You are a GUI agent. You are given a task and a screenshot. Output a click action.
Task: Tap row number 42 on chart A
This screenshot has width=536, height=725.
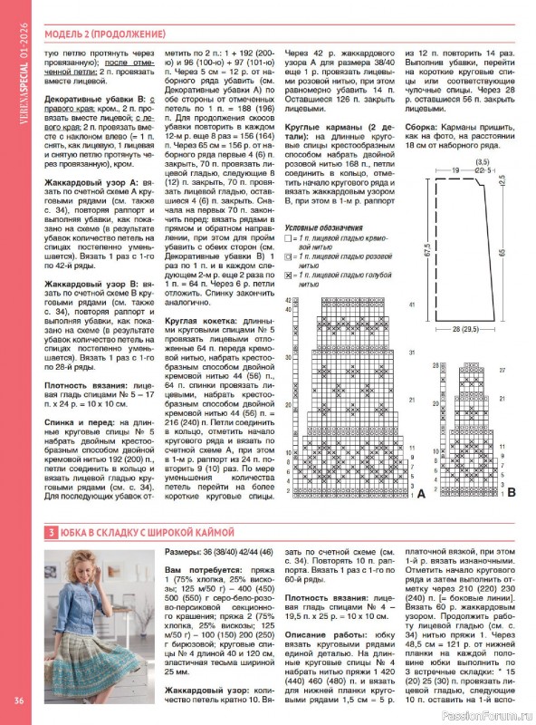[290, 299]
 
